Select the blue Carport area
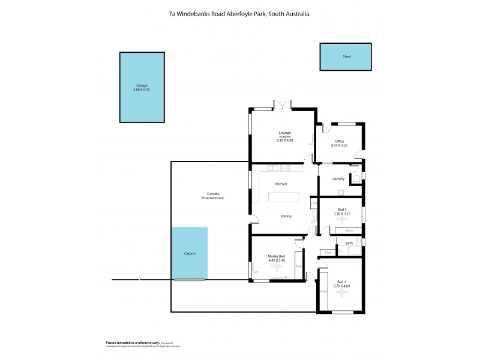coord(190,253)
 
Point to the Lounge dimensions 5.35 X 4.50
coord(284,140)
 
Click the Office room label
coord(340,141)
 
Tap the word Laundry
coord(338,178)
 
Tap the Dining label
coord(286,216)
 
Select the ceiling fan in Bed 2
coord(341,219)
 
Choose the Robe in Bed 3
coord(323,291)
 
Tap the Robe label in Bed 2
coord(349,230)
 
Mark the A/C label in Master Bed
coord(256,272)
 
